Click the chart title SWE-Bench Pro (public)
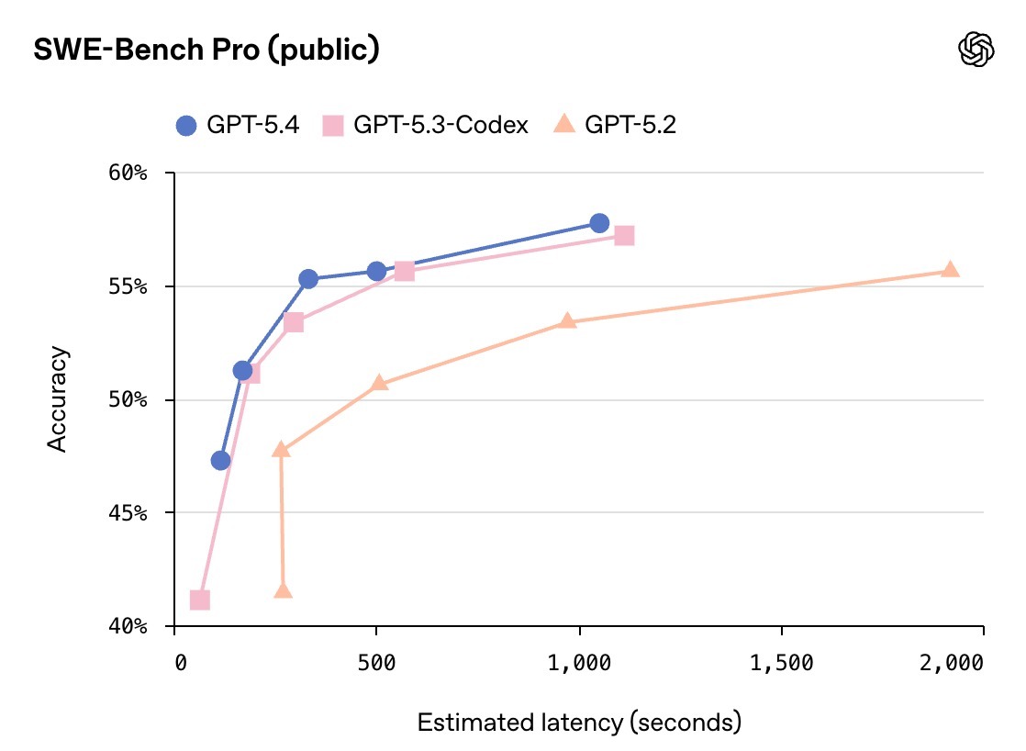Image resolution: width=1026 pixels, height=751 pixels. point(206,50)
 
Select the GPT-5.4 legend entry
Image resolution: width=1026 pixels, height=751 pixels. point(238,125)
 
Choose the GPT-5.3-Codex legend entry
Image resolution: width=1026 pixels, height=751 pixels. point(426,125)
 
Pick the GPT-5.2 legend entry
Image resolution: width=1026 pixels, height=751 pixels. point(617,125)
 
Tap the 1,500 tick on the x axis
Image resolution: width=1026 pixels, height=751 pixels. point(781,662)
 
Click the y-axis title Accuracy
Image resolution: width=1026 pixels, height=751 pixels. point(57,398)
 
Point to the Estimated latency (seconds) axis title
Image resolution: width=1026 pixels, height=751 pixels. point(578,723)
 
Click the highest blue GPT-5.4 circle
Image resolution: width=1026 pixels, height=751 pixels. point(599,223)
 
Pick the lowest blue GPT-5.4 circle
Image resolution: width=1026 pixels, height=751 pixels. point(220,460)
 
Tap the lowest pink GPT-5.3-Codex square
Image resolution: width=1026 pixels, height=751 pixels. point(199,600)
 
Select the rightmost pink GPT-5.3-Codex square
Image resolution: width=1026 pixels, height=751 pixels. point(624,236)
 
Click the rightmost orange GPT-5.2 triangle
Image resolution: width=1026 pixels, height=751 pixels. point(950,269)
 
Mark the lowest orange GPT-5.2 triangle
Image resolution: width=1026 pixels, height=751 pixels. point(283,591)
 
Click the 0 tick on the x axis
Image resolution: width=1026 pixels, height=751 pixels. point(180,662)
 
